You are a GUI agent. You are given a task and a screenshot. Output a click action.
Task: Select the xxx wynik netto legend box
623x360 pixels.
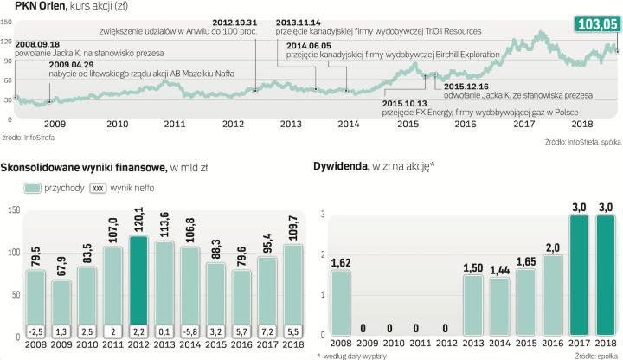(100, 187)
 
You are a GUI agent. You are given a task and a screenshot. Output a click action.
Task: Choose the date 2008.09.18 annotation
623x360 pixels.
(38, 42)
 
